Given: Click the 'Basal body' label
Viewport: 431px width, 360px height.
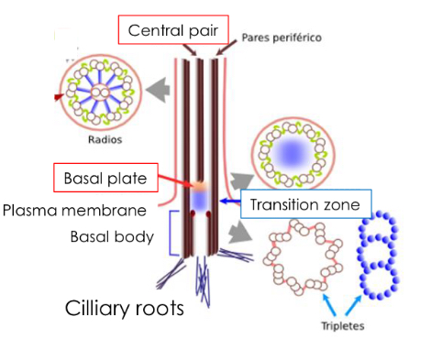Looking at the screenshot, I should pos(110,236).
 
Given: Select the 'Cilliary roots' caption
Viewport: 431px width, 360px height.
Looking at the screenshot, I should pos(125,306).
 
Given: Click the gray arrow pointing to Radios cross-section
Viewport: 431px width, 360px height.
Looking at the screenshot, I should pos(160,89).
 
